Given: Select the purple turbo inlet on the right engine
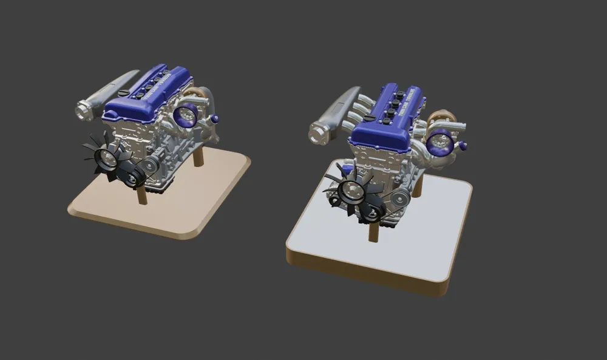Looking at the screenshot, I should [x=438, y=143].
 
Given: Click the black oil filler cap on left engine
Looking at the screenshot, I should [x=124, y=93].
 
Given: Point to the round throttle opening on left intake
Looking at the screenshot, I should [x=81, y=110].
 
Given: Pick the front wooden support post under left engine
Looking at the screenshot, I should [x=143, y=196].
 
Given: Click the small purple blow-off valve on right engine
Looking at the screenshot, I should [x=463, y=146].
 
